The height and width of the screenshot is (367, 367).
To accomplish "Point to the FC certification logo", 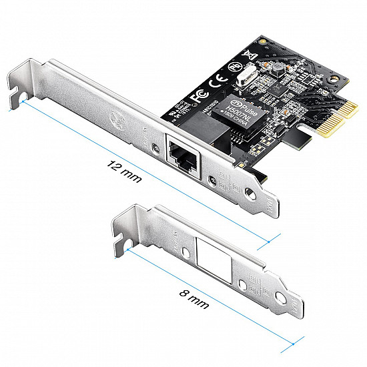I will tap(197, 94).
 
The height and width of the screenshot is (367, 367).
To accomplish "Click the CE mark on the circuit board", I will tap(216, 83).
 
